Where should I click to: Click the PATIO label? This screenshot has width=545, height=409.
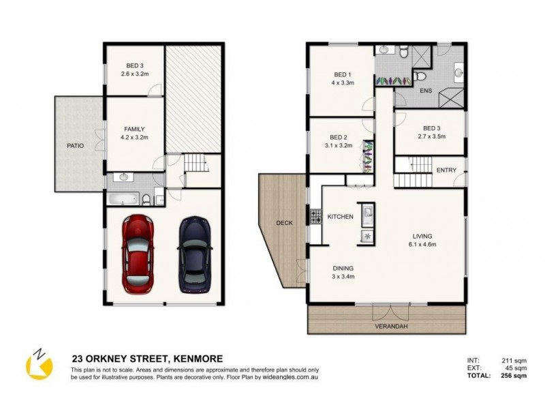click(x=75, y=145)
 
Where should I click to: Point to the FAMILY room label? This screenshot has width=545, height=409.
click(x=134, y=129)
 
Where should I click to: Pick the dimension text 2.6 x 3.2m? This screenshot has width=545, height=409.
click(x=134, y=74)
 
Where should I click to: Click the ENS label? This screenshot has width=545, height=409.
click(x=426, y=90)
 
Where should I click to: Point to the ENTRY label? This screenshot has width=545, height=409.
click(x=446, y=170)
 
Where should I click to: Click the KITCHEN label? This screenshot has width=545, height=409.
click(x=340, y=217)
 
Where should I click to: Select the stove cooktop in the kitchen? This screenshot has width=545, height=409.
click(x=316, y=217)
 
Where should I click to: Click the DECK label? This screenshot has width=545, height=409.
click(x=284, y=223)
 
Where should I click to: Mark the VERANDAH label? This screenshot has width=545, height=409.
click(x=388, y=327)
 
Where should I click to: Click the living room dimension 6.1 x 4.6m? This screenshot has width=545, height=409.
click(x=422, y=244)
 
